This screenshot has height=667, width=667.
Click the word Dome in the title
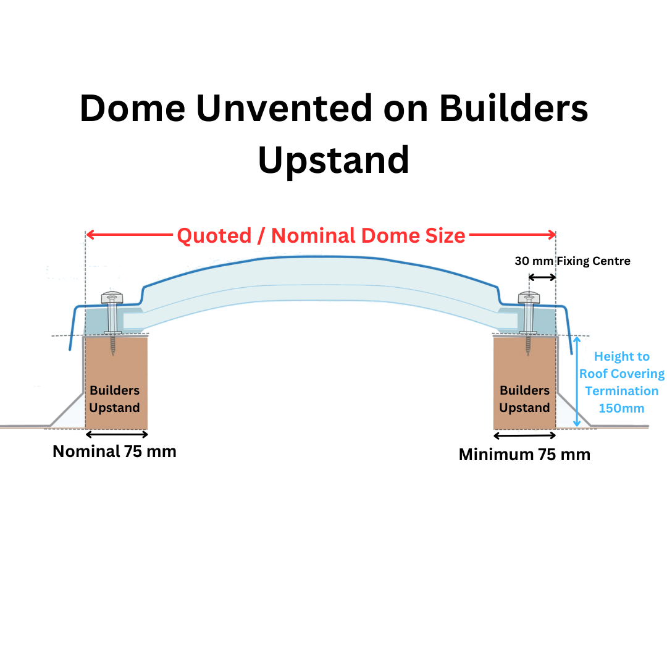coord(132,108)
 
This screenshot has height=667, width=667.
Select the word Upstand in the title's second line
coord(333,159)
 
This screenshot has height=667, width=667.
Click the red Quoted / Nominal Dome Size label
coord(321,235)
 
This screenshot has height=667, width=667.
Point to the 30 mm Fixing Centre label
coord(573,261)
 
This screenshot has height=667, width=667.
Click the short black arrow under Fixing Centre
coord(542,277)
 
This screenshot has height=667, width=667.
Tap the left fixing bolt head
coord(114,298)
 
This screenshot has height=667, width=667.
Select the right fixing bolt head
coord(529,298)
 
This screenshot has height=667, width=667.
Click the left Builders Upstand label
coord(115,399)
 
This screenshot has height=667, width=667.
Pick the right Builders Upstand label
coord(524,399)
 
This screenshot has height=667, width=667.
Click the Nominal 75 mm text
coord(114,451)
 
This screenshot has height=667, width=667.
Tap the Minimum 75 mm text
coord(524,455)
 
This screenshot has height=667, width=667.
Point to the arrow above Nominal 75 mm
coord(117,434)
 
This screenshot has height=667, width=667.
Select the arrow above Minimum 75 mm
coord(524,435)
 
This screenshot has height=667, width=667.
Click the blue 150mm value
coord(621,408)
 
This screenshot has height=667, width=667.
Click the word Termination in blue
coord(621,391)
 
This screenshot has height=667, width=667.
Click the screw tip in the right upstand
coord(529,350)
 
